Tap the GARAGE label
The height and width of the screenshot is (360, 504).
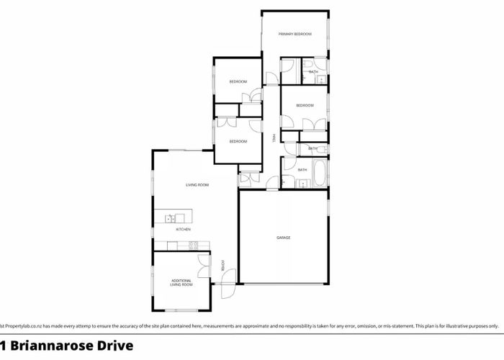pos(284,238)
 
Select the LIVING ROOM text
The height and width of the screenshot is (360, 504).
pos(197,186)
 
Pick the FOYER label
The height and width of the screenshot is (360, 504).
pos(223,266)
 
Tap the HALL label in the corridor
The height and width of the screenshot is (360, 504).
pos(273,139)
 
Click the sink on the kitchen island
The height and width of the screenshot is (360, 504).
pos(171,217)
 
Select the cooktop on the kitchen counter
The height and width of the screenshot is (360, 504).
pos(193,246)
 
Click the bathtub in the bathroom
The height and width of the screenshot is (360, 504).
pos(320,172)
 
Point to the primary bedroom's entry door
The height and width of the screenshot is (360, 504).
pos(271,78)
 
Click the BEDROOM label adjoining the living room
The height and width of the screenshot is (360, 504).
pos(238,141)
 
